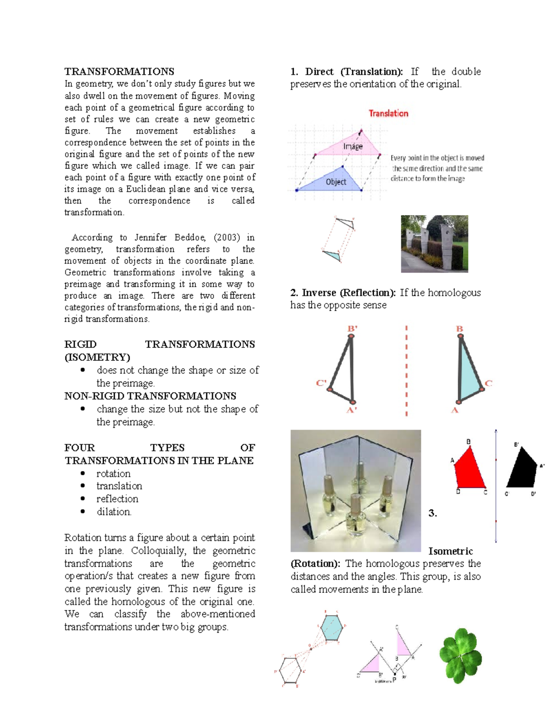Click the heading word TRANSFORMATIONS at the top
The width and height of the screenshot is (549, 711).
click(x=119, y=71)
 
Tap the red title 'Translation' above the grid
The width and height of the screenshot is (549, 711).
click(x=388, y=113)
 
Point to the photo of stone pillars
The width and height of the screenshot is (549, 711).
click(x=434, y=244)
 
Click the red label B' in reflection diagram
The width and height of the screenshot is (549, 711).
click(x=352, y=328)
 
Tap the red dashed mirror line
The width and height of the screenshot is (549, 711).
click(x=406, y=371)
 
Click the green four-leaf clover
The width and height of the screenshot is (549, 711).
click(x=461, y=656)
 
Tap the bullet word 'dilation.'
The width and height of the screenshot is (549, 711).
click(x=114, y=512)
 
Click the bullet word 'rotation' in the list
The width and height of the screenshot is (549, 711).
click(x=113, y=473)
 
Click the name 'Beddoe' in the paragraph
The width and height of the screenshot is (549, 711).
click(x=190, y=237)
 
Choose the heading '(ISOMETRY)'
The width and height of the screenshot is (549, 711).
click(x=97, y=357)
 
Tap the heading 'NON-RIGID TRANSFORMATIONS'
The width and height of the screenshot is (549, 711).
click(x=150, y=396)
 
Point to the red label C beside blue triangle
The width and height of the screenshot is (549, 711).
click(x=489, y=383)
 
